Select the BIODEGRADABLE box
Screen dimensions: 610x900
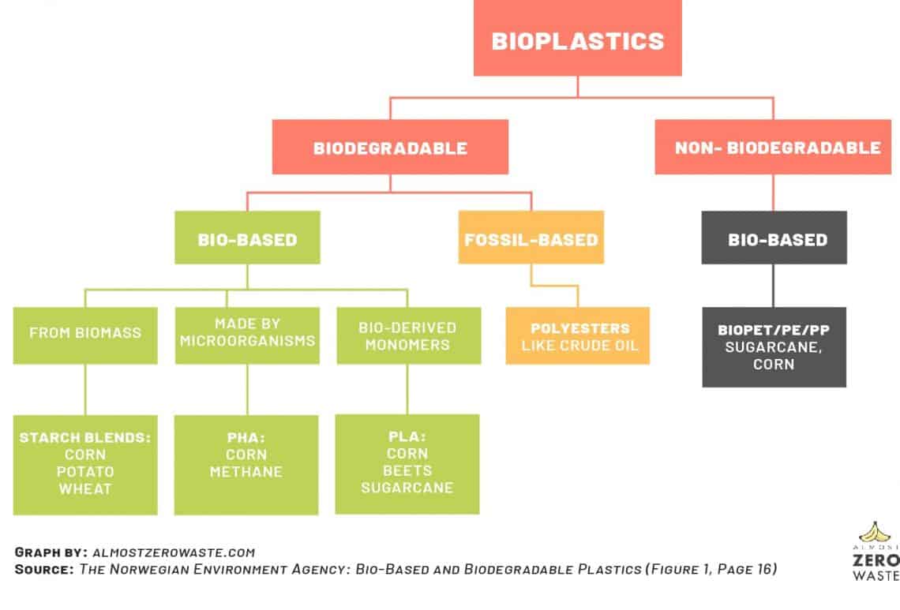coord(390,148)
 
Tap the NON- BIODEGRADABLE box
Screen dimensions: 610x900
coord(777,148)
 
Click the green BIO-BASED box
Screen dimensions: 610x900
coord(247,238)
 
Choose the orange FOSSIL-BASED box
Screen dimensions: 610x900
coord(531,238)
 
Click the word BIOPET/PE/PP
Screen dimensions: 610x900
coord(774,330)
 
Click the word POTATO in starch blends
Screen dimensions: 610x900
coord(85,472)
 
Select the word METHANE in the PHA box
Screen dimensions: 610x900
coord(246,472)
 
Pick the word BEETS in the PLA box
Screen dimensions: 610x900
coord(407,470)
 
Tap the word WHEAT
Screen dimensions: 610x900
coord(85,489)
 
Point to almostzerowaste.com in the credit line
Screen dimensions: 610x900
coord(174,552)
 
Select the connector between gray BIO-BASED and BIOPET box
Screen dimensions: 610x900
coord(774,285)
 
